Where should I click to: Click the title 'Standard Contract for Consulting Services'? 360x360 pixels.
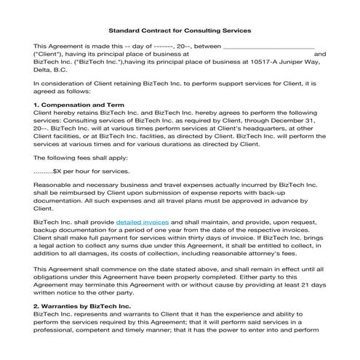coord(180,31)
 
